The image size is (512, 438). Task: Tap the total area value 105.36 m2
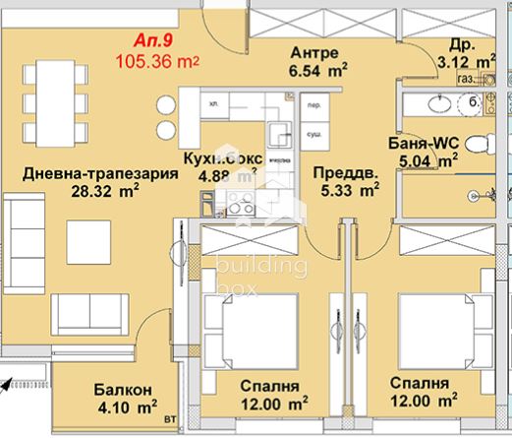point(157,61)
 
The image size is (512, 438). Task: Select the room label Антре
point(314,51)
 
